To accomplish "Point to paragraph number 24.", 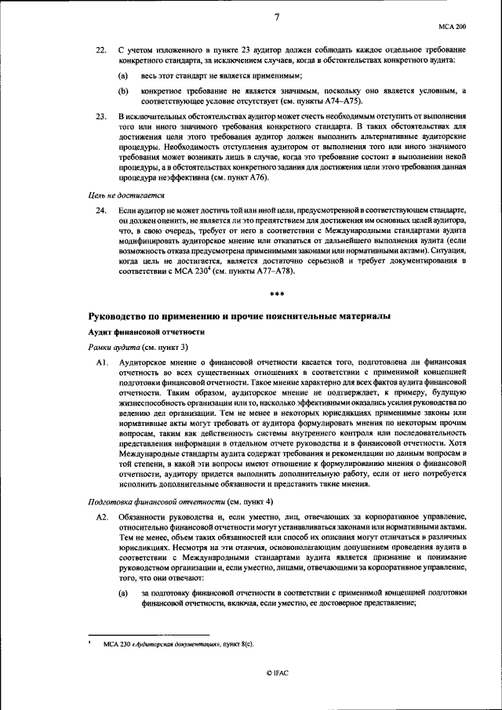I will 100,212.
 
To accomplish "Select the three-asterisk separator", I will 276,294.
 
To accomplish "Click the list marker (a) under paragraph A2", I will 123,592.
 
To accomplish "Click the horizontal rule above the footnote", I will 149,634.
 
